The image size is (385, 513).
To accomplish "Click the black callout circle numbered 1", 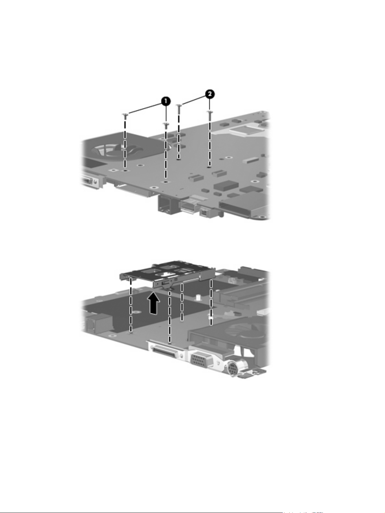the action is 166,101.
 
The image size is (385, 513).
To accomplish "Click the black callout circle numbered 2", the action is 210,94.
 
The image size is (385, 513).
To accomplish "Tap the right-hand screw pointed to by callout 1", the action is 166,125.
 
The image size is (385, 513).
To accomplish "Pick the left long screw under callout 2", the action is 179,109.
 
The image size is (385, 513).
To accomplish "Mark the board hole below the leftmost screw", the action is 125,171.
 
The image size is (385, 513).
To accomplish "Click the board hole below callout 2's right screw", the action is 209,167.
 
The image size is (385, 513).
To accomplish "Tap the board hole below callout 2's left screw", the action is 178,160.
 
